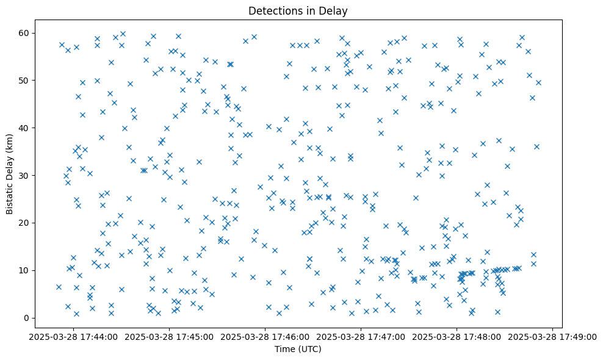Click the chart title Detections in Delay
(298, 10)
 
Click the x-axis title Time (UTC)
(298, 349)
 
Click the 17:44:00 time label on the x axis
(73, 336)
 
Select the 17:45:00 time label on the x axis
(169, 336)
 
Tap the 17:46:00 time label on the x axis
(265, 336)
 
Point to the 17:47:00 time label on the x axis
(361, 336)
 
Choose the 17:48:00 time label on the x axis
(457, 336)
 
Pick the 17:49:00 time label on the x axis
(552, 336)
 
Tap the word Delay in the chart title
(336, 10)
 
